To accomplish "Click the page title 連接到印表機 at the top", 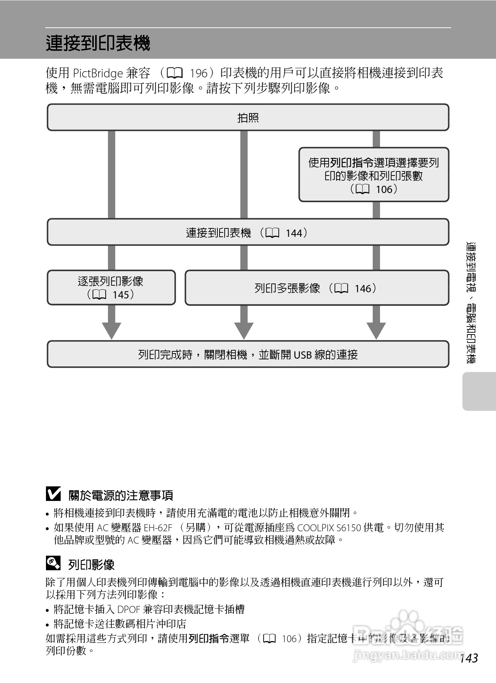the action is (98, 43).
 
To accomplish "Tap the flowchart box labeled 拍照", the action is (248, 117).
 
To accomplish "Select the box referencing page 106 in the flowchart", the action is (374, 175).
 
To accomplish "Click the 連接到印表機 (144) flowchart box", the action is (248, 232).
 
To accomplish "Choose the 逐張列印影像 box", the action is (111, 288).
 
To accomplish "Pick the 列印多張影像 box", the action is (317, 288).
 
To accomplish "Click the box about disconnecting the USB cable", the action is (248, 354).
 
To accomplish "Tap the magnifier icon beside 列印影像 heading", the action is (53, 563).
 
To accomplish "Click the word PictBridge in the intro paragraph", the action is (98, 74).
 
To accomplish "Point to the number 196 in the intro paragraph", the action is (199, 74).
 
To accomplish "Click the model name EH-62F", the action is (158, 528).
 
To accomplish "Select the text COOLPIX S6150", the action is (329, 528).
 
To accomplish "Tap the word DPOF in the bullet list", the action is (129, 610).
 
